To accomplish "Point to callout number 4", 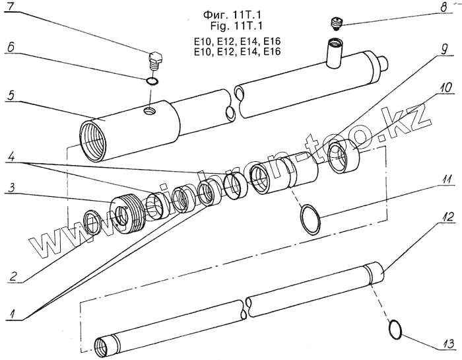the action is (9, 159).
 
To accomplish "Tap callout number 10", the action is (444, 87).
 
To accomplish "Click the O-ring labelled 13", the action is (396, 329).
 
